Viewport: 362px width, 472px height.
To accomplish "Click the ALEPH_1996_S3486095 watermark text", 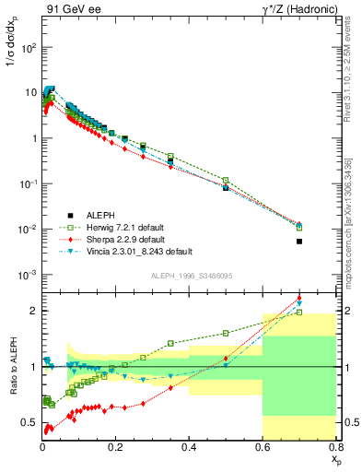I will click(190, 276).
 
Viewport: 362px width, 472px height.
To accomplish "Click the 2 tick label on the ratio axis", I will click(34, 311).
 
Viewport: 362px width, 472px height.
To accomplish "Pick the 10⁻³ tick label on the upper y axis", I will click(28, 275).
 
